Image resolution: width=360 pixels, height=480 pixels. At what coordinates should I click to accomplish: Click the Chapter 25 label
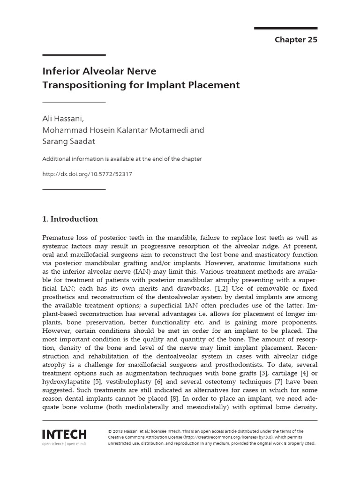296,40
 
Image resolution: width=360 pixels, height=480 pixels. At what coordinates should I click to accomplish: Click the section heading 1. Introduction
70,219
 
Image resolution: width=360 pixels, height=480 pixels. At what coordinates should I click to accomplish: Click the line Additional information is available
122,159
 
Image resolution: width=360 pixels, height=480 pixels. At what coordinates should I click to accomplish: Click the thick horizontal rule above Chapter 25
285,28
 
